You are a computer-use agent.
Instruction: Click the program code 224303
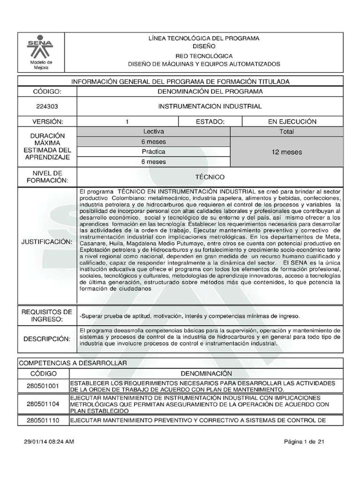[47, 106]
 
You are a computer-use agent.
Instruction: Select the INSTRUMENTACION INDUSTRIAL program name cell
[210, 106]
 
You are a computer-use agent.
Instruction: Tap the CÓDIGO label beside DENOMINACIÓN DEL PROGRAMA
[47, 91]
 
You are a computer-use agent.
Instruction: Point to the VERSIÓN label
[47, 121]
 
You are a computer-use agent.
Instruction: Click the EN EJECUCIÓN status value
[292, 121]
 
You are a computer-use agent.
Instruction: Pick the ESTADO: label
[210, 121]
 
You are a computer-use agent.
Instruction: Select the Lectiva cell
[153, 132]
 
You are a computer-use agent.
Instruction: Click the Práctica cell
[153, 152]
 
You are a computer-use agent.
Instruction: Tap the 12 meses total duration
[287, 152]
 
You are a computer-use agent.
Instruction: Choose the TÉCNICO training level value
[210, 177]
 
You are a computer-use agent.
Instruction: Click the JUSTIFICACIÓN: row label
[47, 242]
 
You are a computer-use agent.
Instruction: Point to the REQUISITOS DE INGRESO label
[47, 315]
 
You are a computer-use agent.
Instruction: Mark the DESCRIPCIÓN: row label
[47, 339]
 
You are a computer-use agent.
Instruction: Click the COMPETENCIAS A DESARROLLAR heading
[73, 363]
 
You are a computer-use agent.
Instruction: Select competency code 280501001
[43, 385]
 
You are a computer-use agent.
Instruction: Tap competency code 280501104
[43, 403]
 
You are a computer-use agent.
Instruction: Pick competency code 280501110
[43, 420]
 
